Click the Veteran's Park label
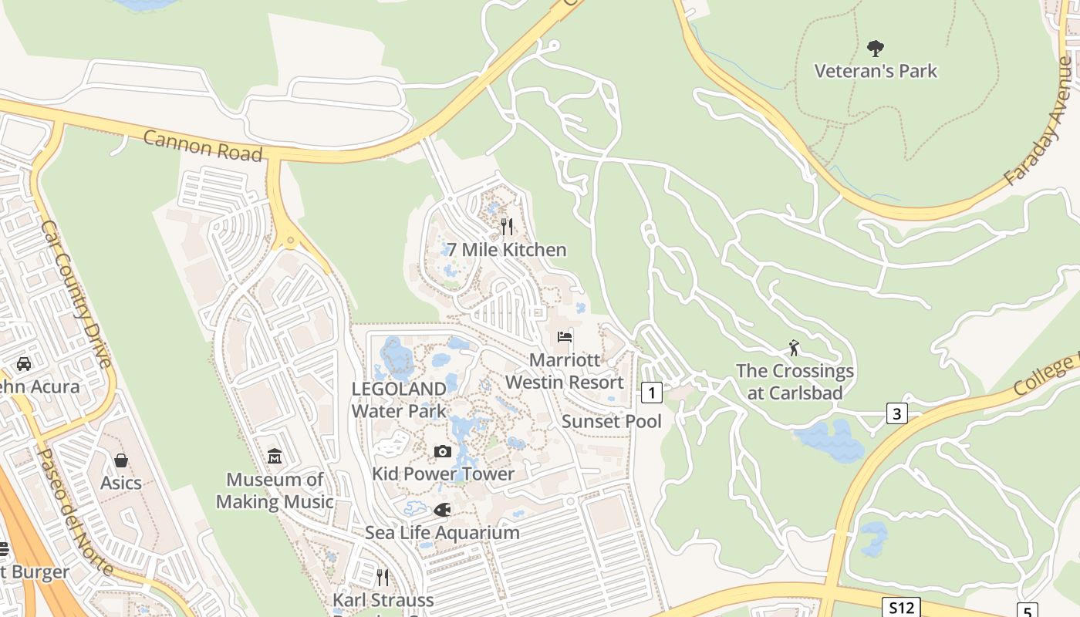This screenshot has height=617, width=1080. (x=876, y=71)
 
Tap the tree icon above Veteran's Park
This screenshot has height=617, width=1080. (x=876, y=49)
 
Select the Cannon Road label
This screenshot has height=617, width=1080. (x=203, y=146)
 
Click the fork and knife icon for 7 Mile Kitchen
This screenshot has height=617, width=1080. (x=507, y=226)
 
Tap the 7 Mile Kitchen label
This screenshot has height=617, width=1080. (x=507, y=250)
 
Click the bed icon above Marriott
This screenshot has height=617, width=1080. (x=565, y=337)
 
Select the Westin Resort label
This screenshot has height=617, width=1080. (x=565, y=383)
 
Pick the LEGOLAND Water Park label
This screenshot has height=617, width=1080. (x=399, y=400)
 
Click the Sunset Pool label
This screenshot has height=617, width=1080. (x=612, y=421)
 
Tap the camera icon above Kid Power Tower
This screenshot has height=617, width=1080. (x=443, y=451)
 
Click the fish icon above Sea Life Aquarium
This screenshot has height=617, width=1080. (x=442, y=510)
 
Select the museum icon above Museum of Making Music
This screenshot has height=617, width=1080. (x=275, y=457)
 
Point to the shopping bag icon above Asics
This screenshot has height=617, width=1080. (x=121, y=460)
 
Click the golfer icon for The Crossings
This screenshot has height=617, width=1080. (x=794, y=348)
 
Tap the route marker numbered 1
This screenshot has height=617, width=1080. (x=652, y=393)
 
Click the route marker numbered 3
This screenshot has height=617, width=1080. (x=896, y=413)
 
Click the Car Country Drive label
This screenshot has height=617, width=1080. (x=76, y=294)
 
